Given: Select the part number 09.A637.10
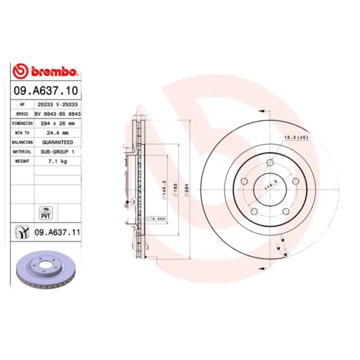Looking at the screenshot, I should pos(45,90).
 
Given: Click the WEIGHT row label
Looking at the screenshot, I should pos(22,161).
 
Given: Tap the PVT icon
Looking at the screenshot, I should pos(45,212).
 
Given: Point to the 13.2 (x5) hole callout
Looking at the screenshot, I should pos(296,137).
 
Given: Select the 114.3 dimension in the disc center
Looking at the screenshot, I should pos(270,184).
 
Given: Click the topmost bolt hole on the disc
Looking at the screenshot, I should pos(270,162).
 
